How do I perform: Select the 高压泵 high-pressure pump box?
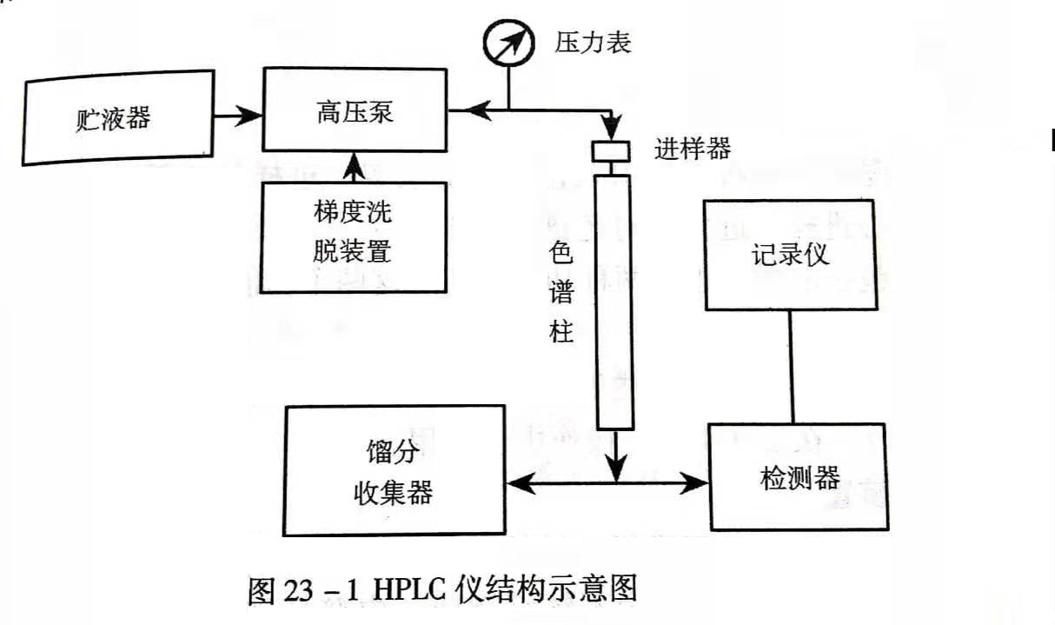355,113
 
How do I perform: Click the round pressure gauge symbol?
508,41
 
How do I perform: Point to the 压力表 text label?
592,42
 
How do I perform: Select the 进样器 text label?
692,149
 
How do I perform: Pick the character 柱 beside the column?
562,330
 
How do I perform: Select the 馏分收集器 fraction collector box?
395,470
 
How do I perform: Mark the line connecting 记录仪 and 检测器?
790,367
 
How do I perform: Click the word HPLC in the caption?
407,591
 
